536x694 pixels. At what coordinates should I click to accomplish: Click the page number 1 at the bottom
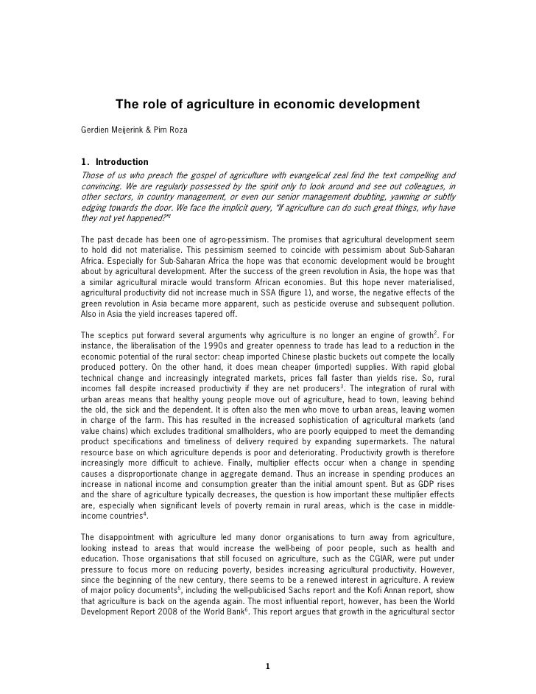pos(268,667)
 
